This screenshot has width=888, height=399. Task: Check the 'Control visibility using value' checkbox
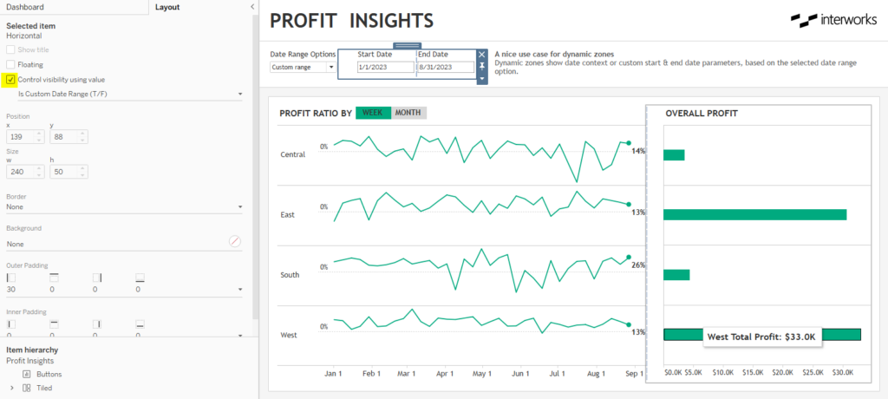(10, 79)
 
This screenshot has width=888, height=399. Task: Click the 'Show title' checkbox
(10, 49)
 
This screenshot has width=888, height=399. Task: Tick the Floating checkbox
(10, 64)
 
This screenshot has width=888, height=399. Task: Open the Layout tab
(166, 7)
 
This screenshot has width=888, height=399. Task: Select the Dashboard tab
(25, 7)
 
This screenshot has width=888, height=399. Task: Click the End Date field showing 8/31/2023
(446, 67)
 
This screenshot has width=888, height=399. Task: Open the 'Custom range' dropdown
(303, 67)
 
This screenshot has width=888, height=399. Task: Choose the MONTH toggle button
(408, 113)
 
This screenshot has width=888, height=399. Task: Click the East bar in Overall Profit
(754, 214)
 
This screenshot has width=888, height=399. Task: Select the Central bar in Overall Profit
(674, 155)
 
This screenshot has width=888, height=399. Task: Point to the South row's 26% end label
(637, 265)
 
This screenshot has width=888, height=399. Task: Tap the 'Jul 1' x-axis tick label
(556, 373)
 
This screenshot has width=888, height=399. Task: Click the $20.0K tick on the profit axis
(782, 373)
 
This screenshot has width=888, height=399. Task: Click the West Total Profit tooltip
(761, 337)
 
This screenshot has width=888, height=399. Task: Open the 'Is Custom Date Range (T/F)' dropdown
(128, 93)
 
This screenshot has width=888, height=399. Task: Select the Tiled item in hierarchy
(43, 388)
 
